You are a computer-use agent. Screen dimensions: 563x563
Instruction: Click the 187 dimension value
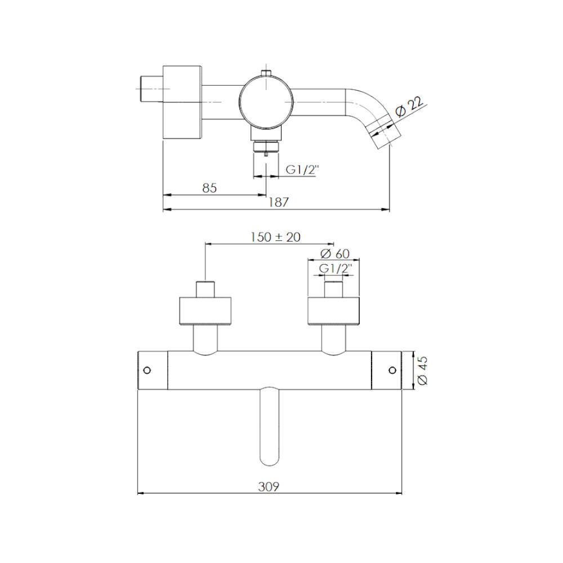tap(279, 202)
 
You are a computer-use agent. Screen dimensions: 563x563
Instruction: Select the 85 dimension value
tap(209, 188)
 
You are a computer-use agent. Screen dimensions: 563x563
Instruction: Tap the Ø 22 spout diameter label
tap(409, 106)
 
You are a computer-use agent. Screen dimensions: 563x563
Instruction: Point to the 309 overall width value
tap(269, 486)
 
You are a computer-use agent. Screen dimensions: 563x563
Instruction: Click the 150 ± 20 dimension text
tap(275, 237)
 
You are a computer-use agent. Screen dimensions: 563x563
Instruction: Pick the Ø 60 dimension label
tap(334, 254)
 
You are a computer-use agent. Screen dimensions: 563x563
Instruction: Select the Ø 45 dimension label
tap(423, 370)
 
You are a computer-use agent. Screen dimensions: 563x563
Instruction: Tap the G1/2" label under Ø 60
tap(336, 268)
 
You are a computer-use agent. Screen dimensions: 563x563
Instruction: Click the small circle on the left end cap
tap(147, 370)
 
